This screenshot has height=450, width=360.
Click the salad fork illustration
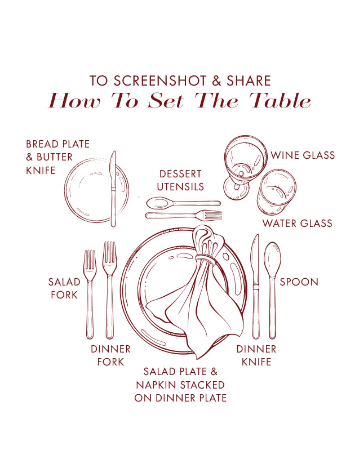point(90,294)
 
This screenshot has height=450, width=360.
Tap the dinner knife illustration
point(256,286)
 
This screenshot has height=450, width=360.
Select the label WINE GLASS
point(303,155)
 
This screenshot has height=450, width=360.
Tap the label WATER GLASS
point(297,223)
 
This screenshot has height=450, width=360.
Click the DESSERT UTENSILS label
point(180,180)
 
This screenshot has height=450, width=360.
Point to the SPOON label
point(299,282)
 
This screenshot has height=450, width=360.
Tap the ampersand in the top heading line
point(217,81)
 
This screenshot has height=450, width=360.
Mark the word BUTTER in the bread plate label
point(55,157)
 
